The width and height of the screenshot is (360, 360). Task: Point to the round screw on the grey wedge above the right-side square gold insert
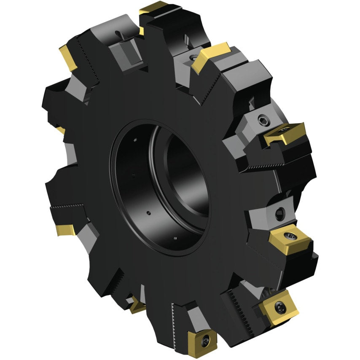[x=279, y=214]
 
